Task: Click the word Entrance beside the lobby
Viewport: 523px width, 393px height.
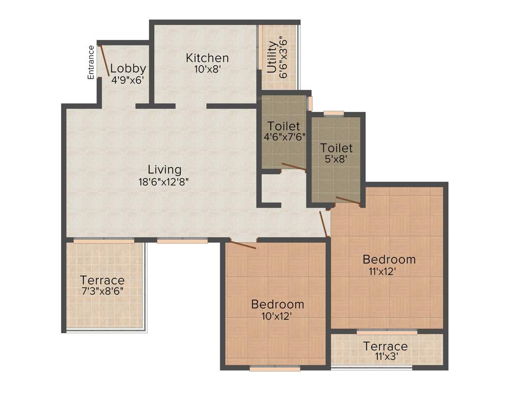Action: [91, 62]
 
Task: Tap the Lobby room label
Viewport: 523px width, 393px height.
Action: [128, 68]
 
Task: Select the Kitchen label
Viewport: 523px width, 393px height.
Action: [207, 57]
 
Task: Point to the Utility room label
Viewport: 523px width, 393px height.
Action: [272, 57]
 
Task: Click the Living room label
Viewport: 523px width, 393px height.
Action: [164, 169]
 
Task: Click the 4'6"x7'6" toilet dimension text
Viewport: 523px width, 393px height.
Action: [284, 137]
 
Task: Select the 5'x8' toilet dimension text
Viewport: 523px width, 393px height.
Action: [336, 159]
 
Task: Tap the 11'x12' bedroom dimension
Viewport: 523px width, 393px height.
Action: [379, 271]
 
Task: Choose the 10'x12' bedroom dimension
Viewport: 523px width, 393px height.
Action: [277, 316]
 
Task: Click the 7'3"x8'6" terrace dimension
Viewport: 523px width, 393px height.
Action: [102, 292]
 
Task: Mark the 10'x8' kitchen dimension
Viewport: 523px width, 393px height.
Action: [207, 69]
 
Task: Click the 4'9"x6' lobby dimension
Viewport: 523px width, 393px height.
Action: [128, 80]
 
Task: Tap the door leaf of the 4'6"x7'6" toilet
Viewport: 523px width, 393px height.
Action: [294, 166]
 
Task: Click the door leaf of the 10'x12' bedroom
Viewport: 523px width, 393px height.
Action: [243, 245]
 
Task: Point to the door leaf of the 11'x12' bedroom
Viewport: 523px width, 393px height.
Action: [323, 223]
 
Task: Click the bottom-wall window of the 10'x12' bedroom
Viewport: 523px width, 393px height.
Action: [271, 367]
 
